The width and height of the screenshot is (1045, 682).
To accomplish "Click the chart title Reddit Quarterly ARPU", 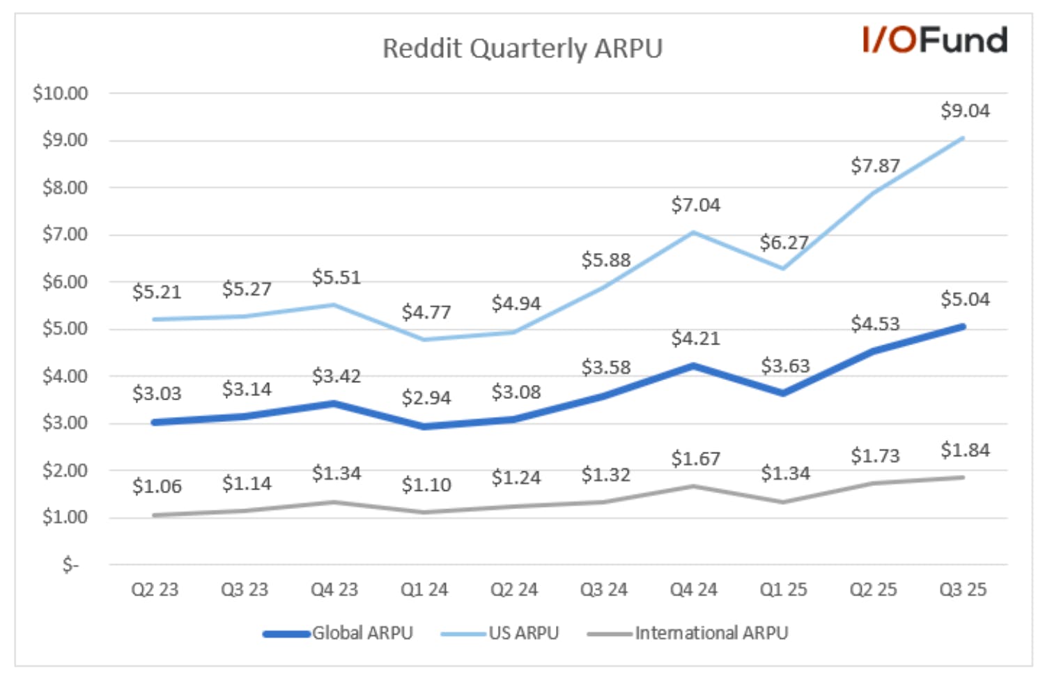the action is pyautogui.click(x=522, y=49).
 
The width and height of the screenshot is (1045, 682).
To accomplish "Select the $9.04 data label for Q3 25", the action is pyautogui.click(x=965, y=111).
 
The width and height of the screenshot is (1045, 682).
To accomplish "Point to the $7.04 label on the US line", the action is pyautogui.click(x=695, y=204).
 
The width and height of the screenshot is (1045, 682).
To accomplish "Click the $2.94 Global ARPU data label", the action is pyautogui.click(x=426, y=397).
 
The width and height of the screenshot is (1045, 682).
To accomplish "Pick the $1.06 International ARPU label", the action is pyautogui.click(x=157, y=486).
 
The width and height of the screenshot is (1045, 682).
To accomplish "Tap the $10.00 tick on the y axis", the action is pyautogui.click(x=60, y=93).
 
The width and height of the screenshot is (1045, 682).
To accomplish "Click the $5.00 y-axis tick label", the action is pyautogui.click(x=65, y=329).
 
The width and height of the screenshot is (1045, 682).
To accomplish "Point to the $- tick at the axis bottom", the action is pyautogui.click(x=71, y=565).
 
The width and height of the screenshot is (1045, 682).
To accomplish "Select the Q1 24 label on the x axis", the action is pyautogui.click(x=424, y=589).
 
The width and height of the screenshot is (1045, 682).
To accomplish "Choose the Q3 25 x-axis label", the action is pyautogui.click(x=963, y=589).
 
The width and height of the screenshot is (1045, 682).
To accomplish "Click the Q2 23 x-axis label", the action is pyautogui.click(x=155, y=589).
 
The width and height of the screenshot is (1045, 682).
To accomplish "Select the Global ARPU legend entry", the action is pyautogui.click(x=338, y=633).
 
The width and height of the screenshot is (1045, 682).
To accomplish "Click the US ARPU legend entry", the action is pyautogui.click(x=500, y=633).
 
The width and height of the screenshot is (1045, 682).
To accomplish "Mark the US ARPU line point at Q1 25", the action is pyautogui.click(x=783, y=268).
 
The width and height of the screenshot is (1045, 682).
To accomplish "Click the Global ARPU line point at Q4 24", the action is pyautogui.click(x=693, y=366).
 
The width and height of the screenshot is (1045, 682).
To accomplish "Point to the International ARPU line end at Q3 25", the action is pyautogui.click(x=963, y=478).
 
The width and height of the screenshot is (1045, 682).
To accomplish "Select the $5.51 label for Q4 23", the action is pyautogui.click(x=336, y=278).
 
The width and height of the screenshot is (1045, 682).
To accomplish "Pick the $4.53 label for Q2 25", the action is pyautogui.click(x=875, y=324).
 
